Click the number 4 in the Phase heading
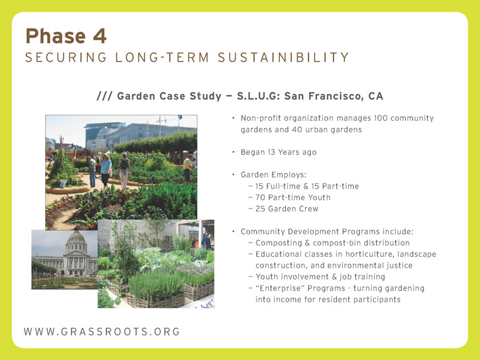click(100, 36)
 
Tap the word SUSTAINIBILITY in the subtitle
click(283, 58)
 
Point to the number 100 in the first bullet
click(380, 118)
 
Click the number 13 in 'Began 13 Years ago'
click(271, 152)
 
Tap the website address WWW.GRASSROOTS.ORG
click(102, 332)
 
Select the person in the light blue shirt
click(105, 171)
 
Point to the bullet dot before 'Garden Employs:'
click(233, 174)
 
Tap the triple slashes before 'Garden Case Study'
click(104, 96)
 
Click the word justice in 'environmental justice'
click(399, 265)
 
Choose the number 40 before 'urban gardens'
click(297, 129)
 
